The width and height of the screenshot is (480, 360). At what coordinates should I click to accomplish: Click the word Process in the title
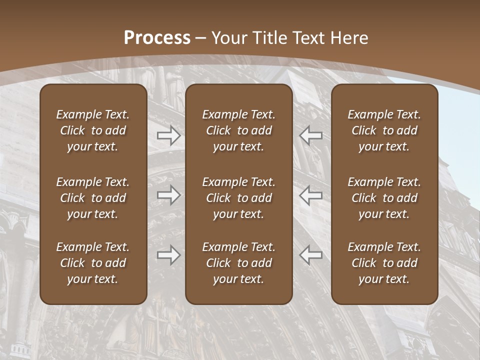[157, 38]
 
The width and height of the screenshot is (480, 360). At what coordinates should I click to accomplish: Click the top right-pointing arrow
[169, 135]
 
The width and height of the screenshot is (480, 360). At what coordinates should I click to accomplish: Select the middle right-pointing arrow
[169, 195]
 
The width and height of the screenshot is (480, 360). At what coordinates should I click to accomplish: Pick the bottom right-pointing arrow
[169, 255]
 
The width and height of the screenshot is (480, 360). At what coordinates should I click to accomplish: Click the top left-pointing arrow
[311, 135]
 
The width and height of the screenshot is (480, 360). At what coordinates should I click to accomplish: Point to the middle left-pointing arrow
[311, 195]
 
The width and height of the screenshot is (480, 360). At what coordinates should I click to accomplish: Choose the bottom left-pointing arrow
[311, 255]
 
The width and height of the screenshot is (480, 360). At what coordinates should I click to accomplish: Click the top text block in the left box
[93, 130]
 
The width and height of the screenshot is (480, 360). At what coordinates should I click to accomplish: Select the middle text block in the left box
[93, 198]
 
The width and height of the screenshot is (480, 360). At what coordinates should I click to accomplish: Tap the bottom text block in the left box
[93, 263]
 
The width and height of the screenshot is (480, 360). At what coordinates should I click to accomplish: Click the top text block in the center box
[238, 130]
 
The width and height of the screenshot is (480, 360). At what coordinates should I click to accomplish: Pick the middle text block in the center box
[238, 198]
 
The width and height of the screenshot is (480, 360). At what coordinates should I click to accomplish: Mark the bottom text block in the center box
[238, 263]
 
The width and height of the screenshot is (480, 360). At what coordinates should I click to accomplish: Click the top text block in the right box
[384, 130]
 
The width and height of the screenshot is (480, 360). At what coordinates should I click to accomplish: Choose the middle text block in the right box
[384, 198]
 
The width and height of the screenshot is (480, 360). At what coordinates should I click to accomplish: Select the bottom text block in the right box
[384, 263]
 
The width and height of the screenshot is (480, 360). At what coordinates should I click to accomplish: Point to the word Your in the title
[229, 38]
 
